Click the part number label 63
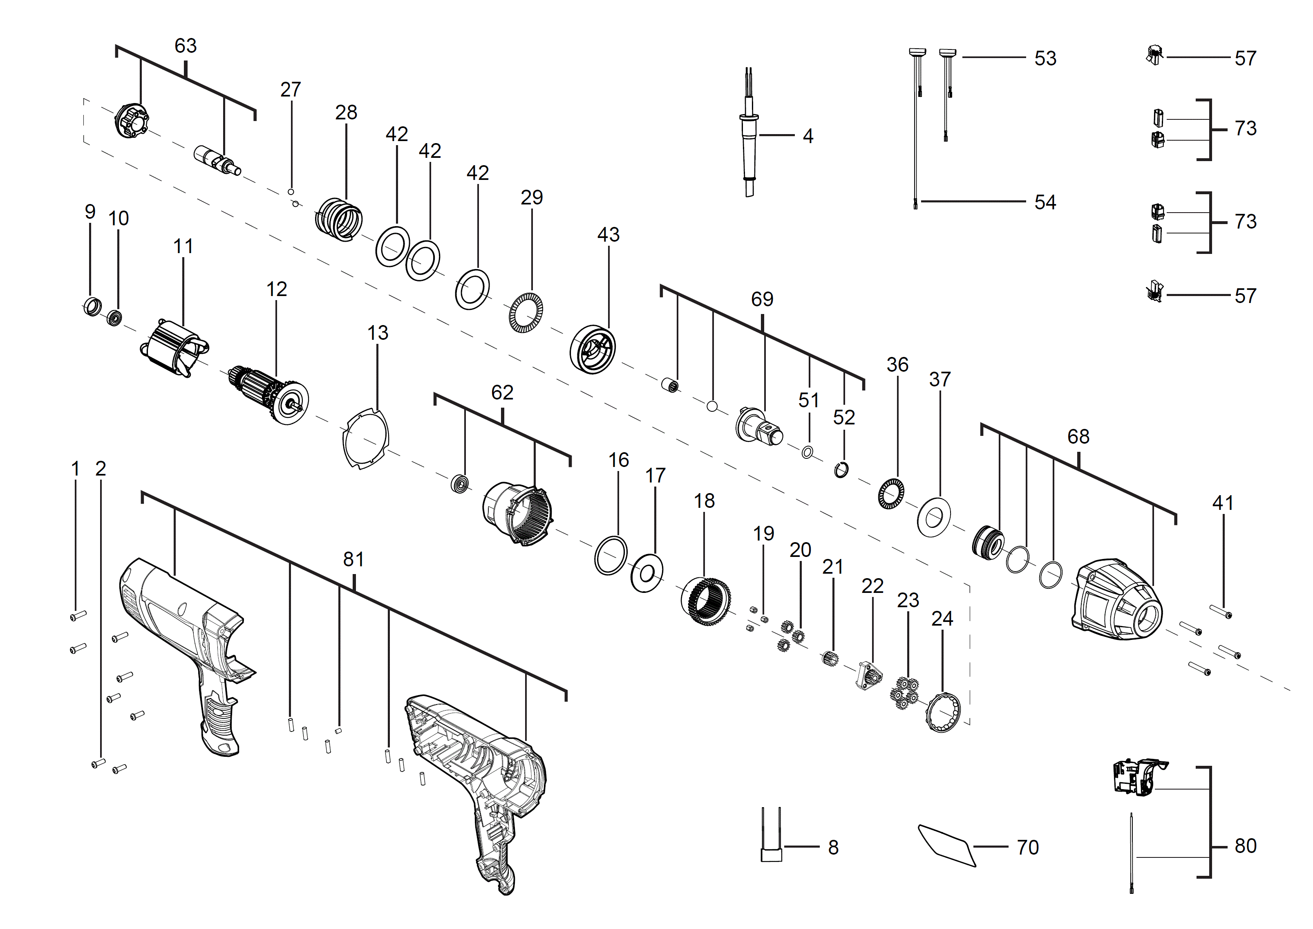[185, 46]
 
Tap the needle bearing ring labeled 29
[526, 312]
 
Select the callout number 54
[1045, 202]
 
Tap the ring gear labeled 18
[706, 601]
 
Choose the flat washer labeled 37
[934, 517]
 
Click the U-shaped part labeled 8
[771, 841]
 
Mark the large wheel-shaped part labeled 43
[593, 350]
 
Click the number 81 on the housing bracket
[353, 559]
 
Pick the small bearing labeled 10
[114, 317]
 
